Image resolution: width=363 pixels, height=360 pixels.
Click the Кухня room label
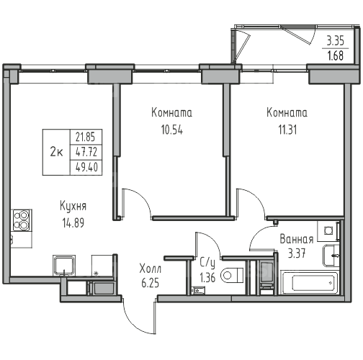pyautogui.click(x=73, y=206)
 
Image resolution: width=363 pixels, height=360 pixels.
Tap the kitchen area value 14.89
pyautogui.click(x=73, y=223)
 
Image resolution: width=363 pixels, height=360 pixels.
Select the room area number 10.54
pyautogui.click(x=172, y=130)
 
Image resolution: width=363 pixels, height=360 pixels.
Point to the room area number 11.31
pyautogui.click(x=287, y=130)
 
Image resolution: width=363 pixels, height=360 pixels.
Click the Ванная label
pyautogui.click(x=297, y=239)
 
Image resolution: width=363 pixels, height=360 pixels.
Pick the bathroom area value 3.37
pyautogui.click(x=297, y=253)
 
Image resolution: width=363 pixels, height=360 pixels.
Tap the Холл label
pyautogui.click(x=151, y=269)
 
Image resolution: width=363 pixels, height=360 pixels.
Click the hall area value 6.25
pyautogui.click(x=151, y=283)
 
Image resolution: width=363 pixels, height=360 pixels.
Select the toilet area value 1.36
pyautogui.click(x=207, y=278)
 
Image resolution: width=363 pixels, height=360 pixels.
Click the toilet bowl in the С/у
pyautogui.click(x=232, y=275)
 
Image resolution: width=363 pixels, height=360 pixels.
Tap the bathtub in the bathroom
pyautogui.click(x=310, y=282)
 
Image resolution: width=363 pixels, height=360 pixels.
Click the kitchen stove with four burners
pyautogui.click(x=22, y=220)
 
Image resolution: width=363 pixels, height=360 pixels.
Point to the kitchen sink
pyautogui.click(x=64, y=266)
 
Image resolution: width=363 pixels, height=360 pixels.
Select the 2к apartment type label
pyautogui.click(x=56, y=152)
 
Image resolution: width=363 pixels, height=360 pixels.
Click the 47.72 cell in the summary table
pyautogui.click(x=86, y=152)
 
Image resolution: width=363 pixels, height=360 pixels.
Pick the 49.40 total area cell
pyautogui.click(x=86, y=167)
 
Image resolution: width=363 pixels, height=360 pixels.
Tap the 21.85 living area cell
pyautogui.click(x=86, y=137)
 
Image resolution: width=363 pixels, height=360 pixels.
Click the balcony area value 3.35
pyautogui.click(x=336, y=41)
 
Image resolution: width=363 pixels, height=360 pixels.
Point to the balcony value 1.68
pyautogui.click(x=336, y=55)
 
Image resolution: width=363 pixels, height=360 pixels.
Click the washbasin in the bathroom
pyautogui.click(x=331, y=256)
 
